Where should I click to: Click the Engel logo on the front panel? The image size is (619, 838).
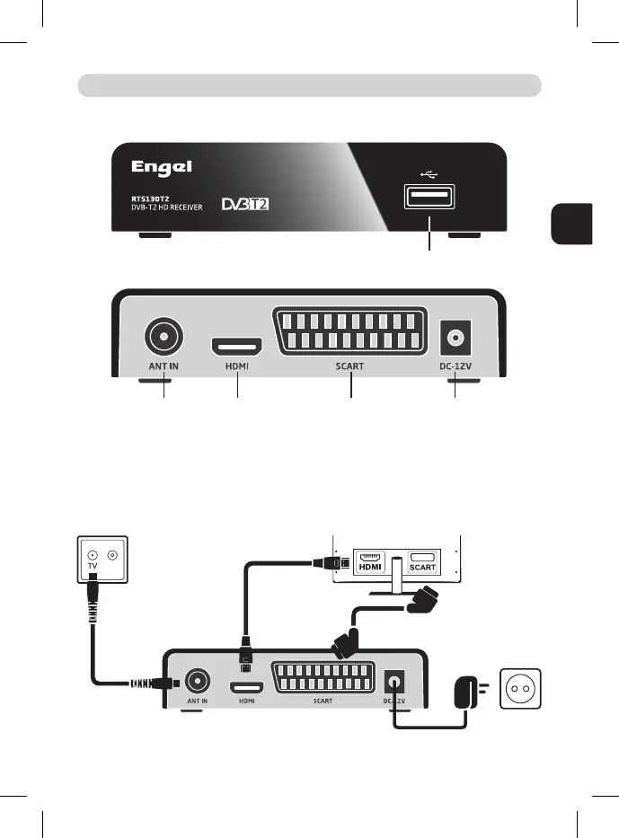tap(163, 168)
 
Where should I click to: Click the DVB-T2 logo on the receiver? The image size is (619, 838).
tap(246, 204)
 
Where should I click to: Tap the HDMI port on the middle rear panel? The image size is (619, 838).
tap(237, 346)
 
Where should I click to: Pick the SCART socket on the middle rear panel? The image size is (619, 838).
tap(350, 331)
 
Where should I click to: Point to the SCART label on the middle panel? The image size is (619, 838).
tap(350, 366)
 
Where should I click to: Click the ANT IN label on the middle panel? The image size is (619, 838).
tap(163, 366)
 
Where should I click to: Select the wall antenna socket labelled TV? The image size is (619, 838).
tap(100, 561)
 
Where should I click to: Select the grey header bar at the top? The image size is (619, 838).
tap(310, 85)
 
